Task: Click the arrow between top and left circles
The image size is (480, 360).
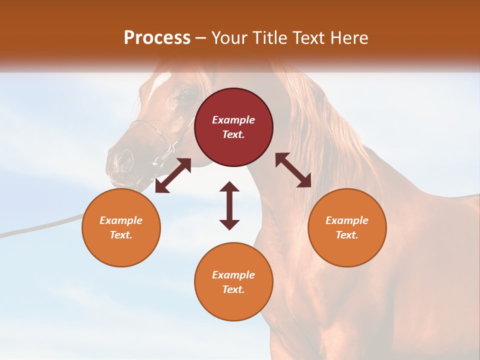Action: pyautogui.click(x=173, y=175)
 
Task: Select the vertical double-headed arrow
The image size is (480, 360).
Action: pyautogui.click(x=229, y=205)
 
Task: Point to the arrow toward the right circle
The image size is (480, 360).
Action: pyautogui.click(x=293, y=170)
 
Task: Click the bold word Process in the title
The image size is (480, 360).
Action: pyautogui.click(x=157, y=38)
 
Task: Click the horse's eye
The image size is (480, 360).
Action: pyautogui.click(x=184, y=94)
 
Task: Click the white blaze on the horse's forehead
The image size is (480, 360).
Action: pyautogui.click(x=163, y=80)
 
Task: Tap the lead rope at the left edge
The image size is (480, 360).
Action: pyautogui.click(x=30, y=229)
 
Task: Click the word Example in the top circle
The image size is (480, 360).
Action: pyautogui.click(x=233, y=120)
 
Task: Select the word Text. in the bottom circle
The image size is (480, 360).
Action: pyautogui.click(x=233, y=289)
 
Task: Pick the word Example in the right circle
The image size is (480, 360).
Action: pyautogui.click(x=347, y=220)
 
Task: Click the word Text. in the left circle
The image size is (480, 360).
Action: pyautogui.click(x=121, y=235)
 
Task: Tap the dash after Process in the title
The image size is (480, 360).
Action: pyautogui.click(x=201, y=38)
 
